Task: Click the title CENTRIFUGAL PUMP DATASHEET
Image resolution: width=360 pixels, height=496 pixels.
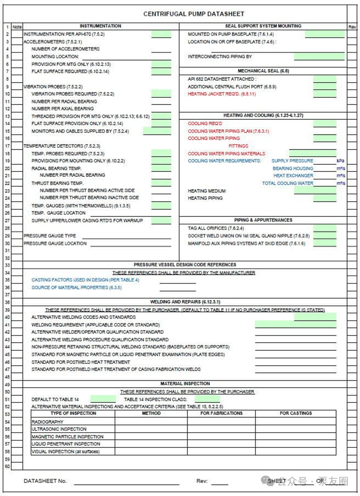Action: [193, 14]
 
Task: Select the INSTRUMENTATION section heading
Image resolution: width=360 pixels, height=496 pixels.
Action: [100, 26]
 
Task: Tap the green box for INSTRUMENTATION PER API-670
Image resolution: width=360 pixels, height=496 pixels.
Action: [161, 34]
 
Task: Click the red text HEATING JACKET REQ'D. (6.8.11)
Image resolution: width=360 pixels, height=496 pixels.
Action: [222, 94]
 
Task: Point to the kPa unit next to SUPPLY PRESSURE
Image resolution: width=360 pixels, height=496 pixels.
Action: [340, 161]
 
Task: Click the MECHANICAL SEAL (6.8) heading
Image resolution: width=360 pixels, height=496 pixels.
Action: [263, 71]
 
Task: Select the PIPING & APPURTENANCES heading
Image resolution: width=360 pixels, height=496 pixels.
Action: [263, 220]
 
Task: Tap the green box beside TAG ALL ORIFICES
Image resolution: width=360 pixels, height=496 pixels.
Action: [324, 228]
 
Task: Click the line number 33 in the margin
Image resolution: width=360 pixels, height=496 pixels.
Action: [7, 265]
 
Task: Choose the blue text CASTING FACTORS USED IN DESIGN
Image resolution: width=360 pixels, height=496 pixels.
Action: [85, 280]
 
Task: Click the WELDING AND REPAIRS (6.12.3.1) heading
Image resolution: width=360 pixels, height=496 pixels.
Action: [185, 302]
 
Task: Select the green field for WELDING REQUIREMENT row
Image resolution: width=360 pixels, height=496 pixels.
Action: [295, 325]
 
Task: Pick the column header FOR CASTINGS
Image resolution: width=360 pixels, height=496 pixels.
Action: [295, 413]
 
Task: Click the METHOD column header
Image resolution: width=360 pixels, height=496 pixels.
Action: [151, 413]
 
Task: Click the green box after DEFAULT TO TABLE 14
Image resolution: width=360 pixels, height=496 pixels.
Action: [103, 399]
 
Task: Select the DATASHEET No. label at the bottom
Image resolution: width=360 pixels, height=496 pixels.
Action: [45, 481]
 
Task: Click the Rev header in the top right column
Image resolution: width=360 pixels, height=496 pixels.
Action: [352, 27]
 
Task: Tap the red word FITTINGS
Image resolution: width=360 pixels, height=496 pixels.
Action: [238, 146]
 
